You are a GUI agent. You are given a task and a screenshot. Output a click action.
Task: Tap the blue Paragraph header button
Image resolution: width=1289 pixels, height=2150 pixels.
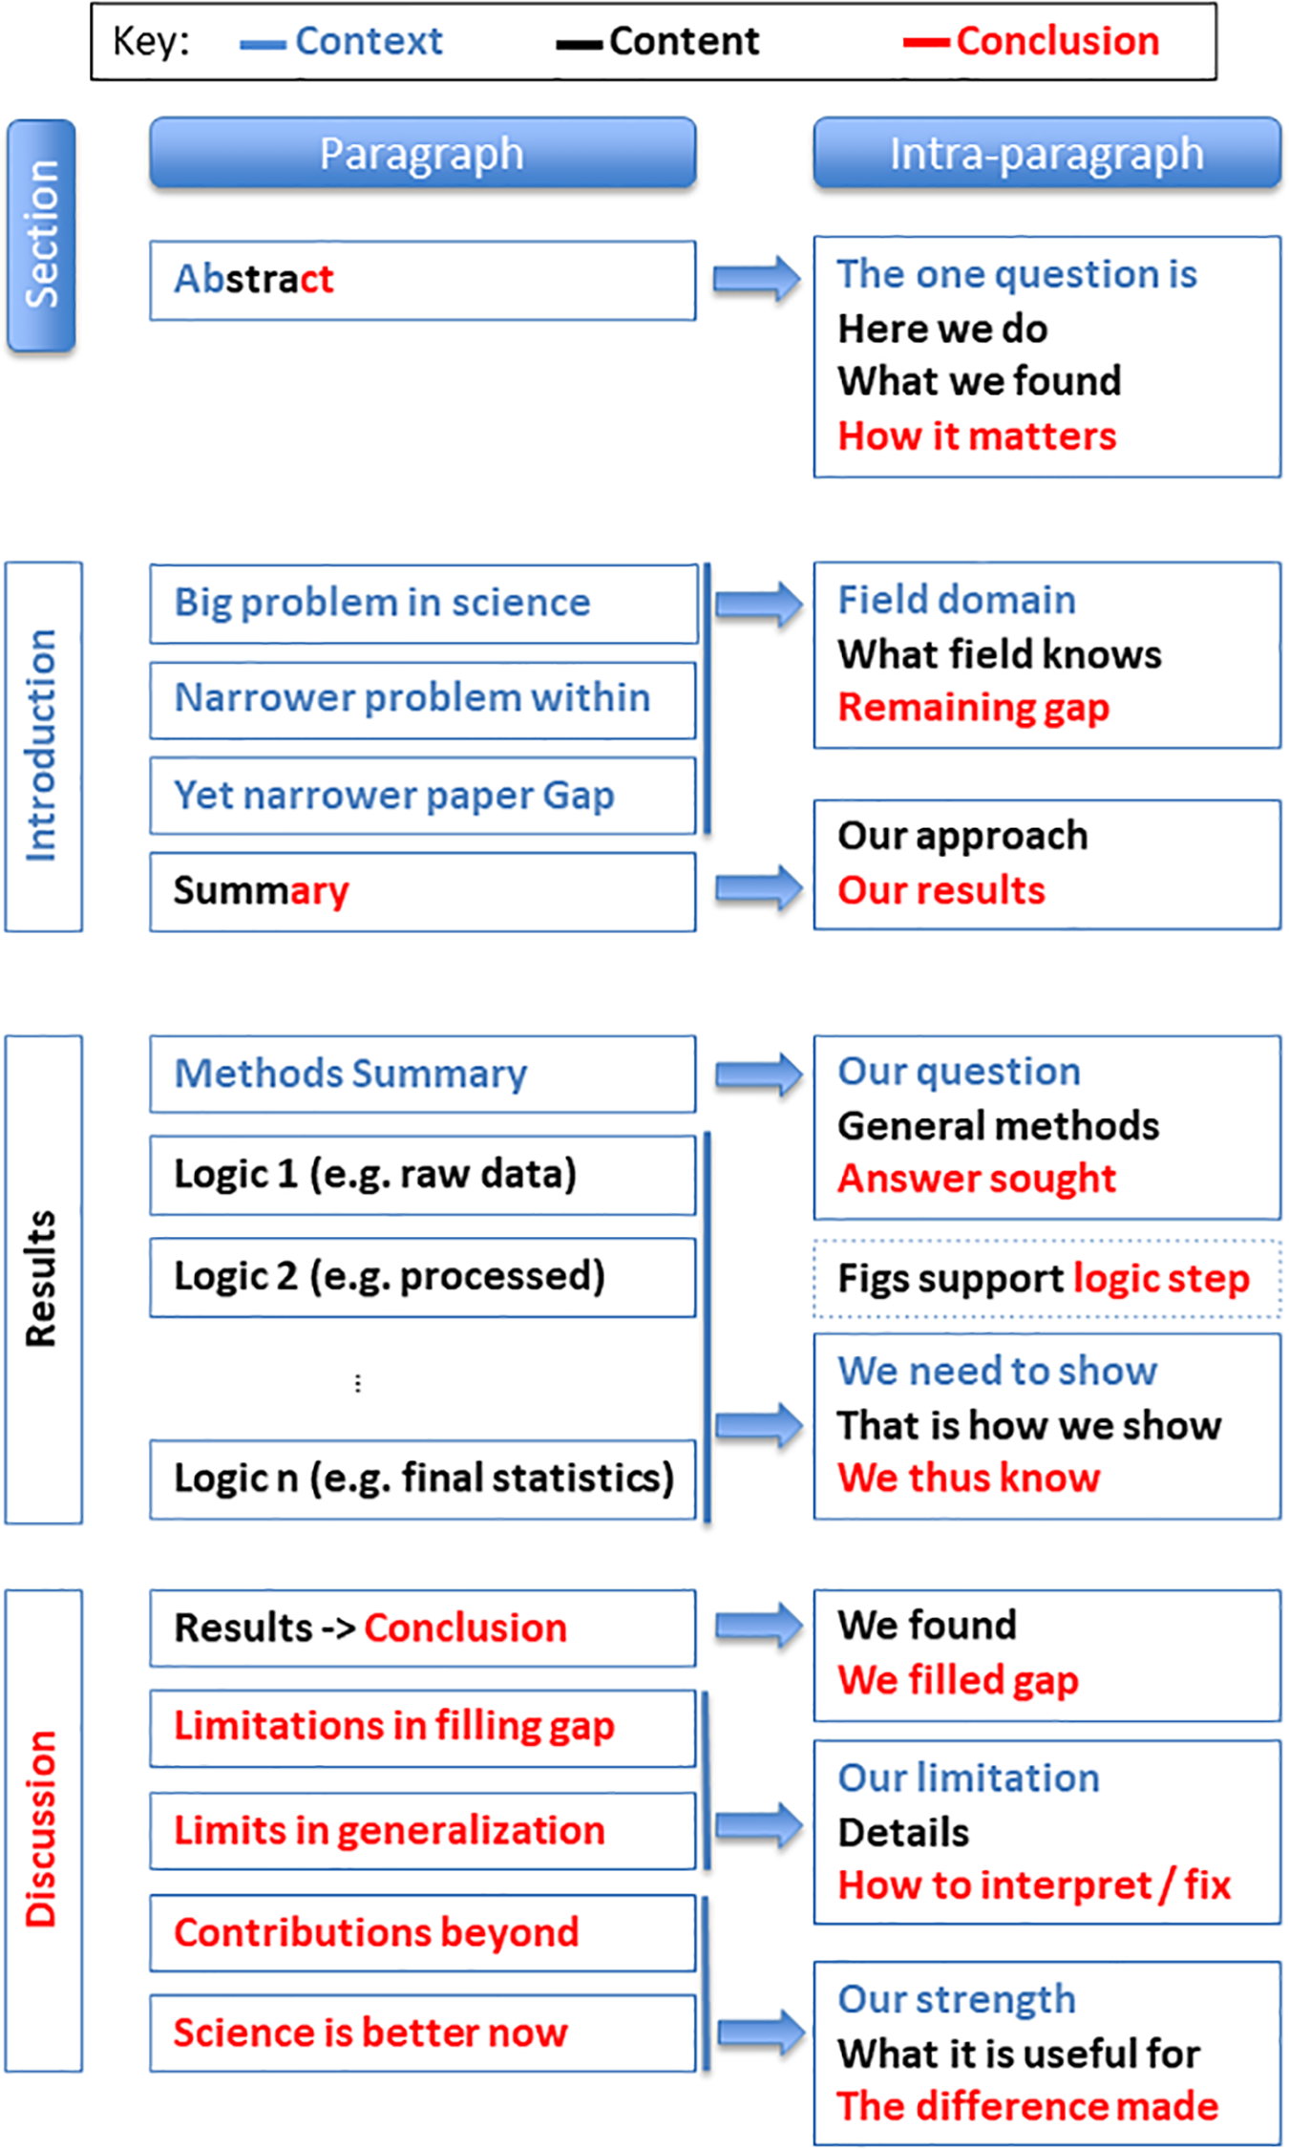coord(422,153)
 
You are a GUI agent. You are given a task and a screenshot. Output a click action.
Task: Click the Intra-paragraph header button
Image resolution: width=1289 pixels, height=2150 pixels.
coord(1046,153)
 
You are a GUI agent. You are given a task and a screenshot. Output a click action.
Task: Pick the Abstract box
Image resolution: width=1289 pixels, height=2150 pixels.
coord(422,280)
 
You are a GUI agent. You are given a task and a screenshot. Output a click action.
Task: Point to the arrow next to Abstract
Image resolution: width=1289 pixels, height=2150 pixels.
coord(757,279)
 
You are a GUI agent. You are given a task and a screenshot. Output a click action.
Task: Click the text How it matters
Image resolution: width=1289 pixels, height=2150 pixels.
coord(977,436)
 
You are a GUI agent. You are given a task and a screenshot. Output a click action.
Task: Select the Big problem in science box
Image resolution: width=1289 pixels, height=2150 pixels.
coord(422,604)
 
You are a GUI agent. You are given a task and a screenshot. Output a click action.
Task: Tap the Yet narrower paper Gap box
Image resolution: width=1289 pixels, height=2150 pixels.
coord(422,796)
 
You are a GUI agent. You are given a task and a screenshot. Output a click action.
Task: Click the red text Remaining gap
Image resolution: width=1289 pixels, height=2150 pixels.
coord(973,708)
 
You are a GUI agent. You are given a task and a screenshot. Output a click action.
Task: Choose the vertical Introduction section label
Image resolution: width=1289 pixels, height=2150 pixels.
coord(43,746)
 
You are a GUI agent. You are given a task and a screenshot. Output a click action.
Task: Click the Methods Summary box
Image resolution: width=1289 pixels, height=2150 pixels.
coord(422,1075)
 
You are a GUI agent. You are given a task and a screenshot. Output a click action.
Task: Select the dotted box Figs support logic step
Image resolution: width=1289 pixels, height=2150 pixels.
coord(1046,1278)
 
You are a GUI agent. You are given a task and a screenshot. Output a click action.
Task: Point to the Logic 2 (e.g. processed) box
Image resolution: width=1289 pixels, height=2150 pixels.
coord(422,1277)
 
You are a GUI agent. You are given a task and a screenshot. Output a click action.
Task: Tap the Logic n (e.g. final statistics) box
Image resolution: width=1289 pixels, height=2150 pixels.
coord(422,1479)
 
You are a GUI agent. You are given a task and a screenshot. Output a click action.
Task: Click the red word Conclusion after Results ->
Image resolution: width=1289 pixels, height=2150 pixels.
coord(465,1628)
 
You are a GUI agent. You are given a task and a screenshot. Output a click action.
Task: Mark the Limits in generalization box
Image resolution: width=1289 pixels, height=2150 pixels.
coord(422,1831)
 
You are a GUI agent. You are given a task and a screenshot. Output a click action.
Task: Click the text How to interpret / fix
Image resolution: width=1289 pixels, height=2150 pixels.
coord(1034,1885)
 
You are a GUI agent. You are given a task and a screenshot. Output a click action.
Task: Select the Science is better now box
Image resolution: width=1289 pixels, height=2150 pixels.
coord(422,2033)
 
